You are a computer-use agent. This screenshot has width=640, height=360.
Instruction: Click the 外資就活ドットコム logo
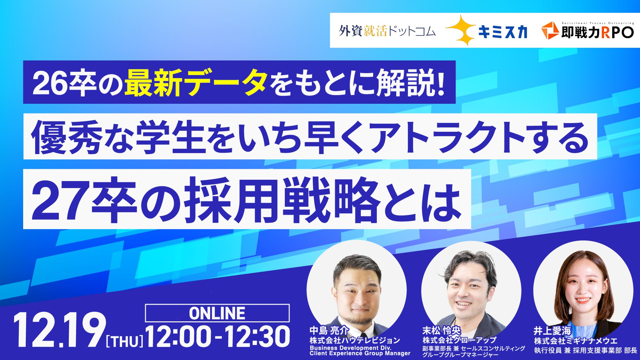387,31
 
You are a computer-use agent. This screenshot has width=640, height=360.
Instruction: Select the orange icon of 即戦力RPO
550,30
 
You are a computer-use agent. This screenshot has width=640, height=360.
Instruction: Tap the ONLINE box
217,313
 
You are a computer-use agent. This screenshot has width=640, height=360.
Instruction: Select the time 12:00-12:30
218,337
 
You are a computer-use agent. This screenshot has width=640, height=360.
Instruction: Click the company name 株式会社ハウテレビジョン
355,340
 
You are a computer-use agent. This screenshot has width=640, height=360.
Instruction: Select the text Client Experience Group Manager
360,353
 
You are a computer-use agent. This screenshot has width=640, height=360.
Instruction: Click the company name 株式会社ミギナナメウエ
576,341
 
